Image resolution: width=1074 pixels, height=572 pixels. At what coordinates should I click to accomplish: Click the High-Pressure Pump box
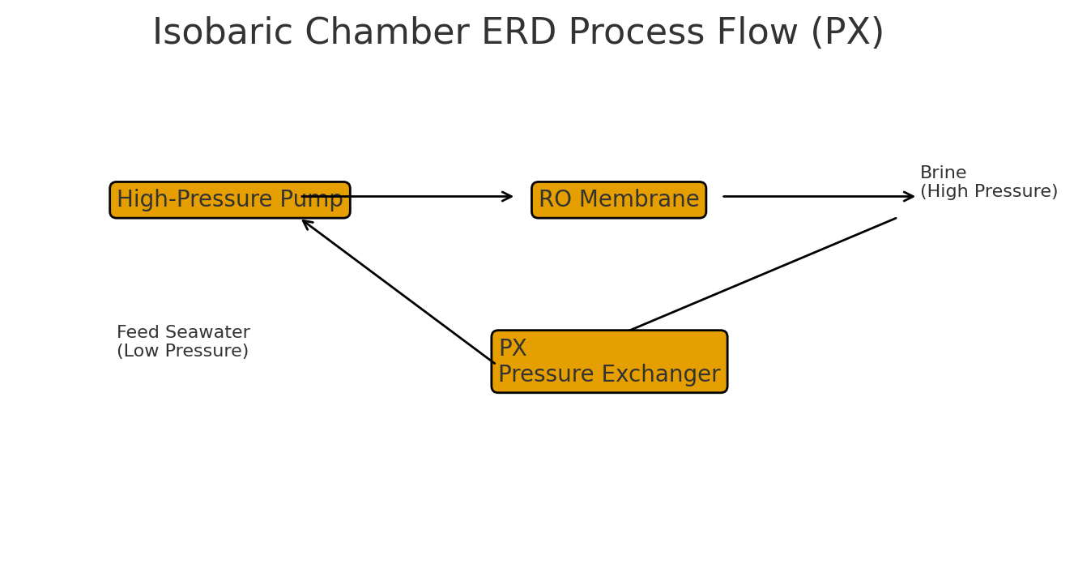[230, 200]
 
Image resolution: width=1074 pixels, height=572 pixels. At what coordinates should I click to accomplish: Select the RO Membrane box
[619, 200]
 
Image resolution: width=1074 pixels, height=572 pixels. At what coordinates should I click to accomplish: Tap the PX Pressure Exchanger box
[609, 361]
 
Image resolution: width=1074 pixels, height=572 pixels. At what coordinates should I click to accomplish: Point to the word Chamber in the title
[386, 33]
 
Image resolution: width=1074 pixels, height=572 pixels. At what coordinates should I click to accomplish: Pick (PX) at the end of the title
[847, 33]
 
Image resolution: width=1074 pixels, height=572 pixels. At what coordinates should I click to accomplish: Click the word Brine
[943, 173]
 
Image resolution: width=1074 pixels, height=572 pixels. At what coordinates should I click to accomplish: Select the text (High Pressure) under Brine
[988, 192]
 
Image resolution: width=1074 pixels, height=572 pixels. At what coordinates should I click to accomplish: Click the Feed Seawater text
[183, 333]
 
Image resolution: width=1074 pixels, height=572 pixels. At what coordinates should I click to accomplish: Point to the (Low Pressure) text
[182, 352]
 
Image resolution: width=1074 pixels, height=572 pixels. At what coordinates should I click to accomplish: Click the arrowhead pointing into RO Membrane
[508, 196]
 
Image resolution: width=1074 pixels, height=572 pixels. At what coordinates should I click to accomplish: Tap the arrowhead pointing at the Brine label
[910, 196]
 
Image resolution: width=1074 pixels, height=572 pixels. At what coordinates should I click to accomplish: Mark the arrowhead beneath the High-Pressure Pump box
[307, 223]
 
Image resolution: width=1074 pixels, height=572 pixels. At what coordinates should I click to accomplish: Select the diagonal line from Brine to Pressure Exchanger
[763, 274]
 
